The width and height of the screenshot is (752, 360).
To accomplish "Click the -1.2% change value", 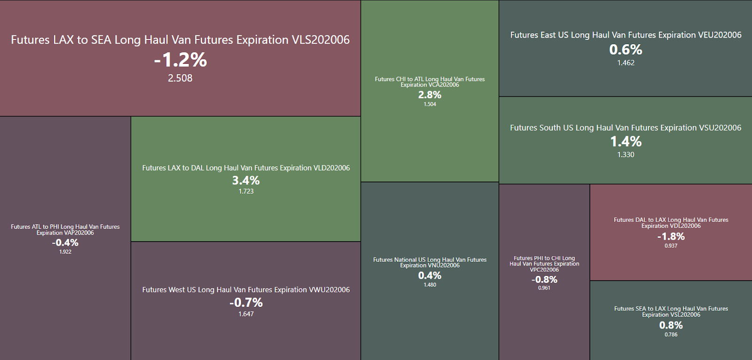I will [180, 60].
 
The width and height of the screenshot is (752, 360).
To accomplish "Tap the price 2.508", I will [180, 78].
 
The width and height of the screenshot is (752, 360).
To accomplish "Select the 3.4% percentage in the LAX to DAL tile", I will [246, 180].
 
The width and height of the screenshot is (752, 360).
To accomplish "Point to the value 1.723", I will [246, 191].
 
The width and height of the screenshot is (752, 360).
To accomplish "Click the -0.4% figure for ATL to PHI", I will [65, 243].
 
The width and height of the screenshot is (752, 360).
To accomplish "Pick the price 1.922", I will [65, 252].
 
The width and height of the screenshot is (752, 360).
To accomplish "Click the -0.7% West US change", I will [246, 302].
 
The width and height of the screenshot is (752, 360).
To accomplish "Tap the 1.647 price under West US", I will [246, 314].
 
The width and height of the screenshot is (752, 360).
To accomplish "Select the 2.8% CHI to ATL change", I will [430, 94].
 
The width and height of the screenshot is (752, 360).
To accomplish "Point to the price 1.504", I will [430, 104].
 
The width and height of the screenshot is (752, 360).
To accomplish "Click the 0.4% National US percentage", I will [430, 275].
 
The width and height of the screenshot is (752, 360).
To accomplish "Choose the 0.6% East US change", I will [626, 49].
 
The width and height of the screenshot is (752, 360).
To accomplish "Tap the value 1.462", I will [626, 63].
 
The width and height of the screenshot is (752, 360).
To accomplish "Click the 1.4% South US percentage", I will [626, 141].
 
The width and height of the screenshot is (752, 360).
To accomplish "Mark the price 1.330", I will [626, 155].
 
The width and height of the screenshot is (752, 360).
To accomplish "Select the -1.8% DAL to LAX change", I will [671, 236].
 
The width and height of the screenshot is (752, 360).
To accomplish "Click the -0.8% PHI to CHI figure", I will [544, 279].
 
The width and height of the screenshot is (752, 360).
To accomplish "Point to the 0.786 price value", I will [671, 335].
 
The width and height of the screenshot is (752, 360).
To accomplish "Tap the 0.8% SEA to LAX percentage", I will [671, 325].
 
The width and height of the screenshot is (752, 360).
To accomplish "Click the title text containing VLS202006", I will [180, 40].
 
